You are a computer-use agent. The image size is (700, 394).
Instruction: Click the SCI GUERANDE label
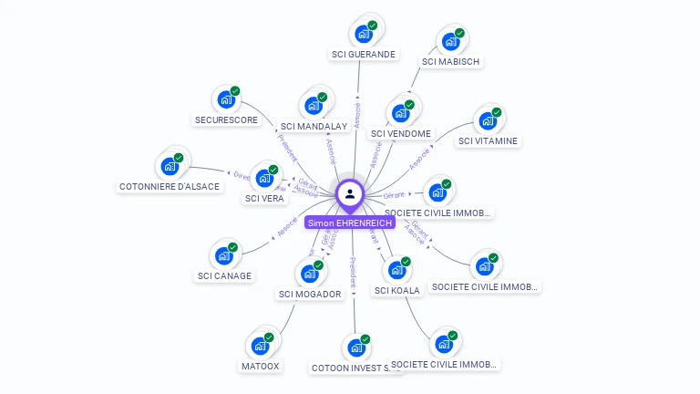pyautogui.click(x=363, y=54)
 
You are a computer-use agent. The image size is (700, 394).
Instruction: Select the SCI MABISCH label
pyautogui.click(x=450, y=62)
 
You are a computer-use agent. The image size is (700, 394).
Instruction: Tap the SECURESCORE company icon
pyautogui.click(x=224, y=99)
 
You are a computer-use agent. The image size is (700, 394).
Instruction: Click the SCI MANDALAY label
pyautogui.click(x=314, y=126)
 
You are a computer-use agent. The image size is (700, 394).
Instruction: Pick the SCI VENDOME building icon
pyautogui.click(x=401, y=112)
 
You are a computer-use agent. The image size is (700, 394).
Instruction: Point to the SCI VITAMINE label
pyautogui.click(x=488, y=140)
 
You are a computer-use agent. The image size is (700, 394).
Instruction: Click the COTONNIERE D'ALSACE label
pyautogui.click(x=170, y=186)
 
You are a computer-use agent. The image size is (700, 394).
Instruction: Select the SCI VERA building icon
pyautogui.click(x=265, y=177)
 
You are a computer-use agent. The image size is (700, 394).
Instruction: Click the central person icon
pyautogui.click(x=350, y=193)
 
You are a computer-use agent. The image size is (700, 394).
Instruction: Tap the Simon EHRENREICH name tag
pyautogui.click(x=350, y=223)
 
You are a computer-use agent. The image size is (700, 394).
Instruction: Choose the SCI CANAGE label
pyautogui.click(x=224, y=275)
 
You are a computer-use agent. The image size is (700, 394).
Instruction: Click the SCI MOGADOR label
pyautogui.click(x=310, y=294)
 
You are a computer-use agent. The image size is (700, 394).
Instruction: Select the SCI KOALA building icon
pyautogui.click(x=396, y=270)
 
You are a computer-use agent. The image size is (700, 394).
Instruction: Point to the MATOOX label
pyautogui.click(x=260, y=366)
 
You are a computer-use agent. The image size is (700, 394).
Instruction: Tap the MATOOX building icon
pyautogui.click(x=260, y=346)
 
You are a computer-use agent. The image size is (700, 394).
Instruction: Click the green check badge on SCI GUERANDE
pyautogui.click(x=374, y=27)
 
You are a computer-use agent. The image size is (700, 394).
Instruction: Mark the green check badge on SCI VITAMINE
pyautogui.click(x=498, y=112)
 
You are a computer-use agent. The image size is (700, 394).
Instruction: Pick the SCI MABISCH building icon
pyautogui.click(x=450, y=42)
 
